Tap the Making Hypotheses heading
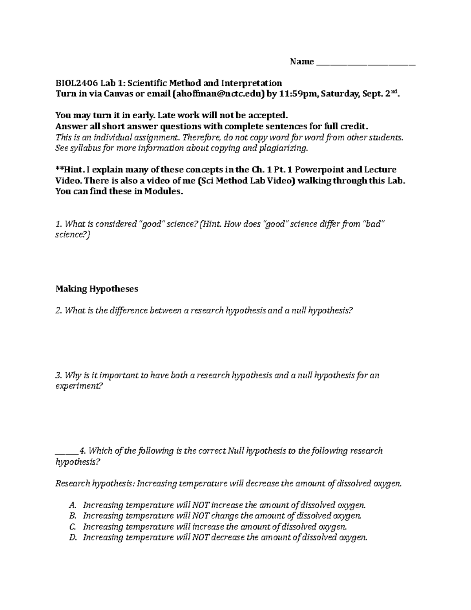97,289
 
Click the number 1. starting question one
59,224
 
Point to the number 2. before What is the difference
59,311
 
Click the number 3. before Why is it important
59,375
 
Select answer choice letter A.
71,505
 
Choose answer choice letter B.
71,515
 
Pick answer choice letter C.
71,526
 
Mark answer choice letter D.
72,537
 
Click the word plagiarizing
283,148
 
